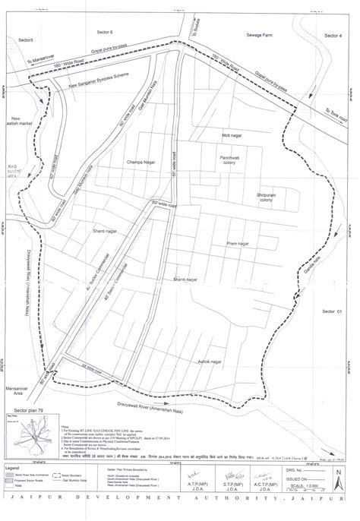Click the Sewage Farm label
click(260, 35)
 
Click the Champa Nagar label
click(141, 163)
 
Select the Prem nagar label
click(238, 244)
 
